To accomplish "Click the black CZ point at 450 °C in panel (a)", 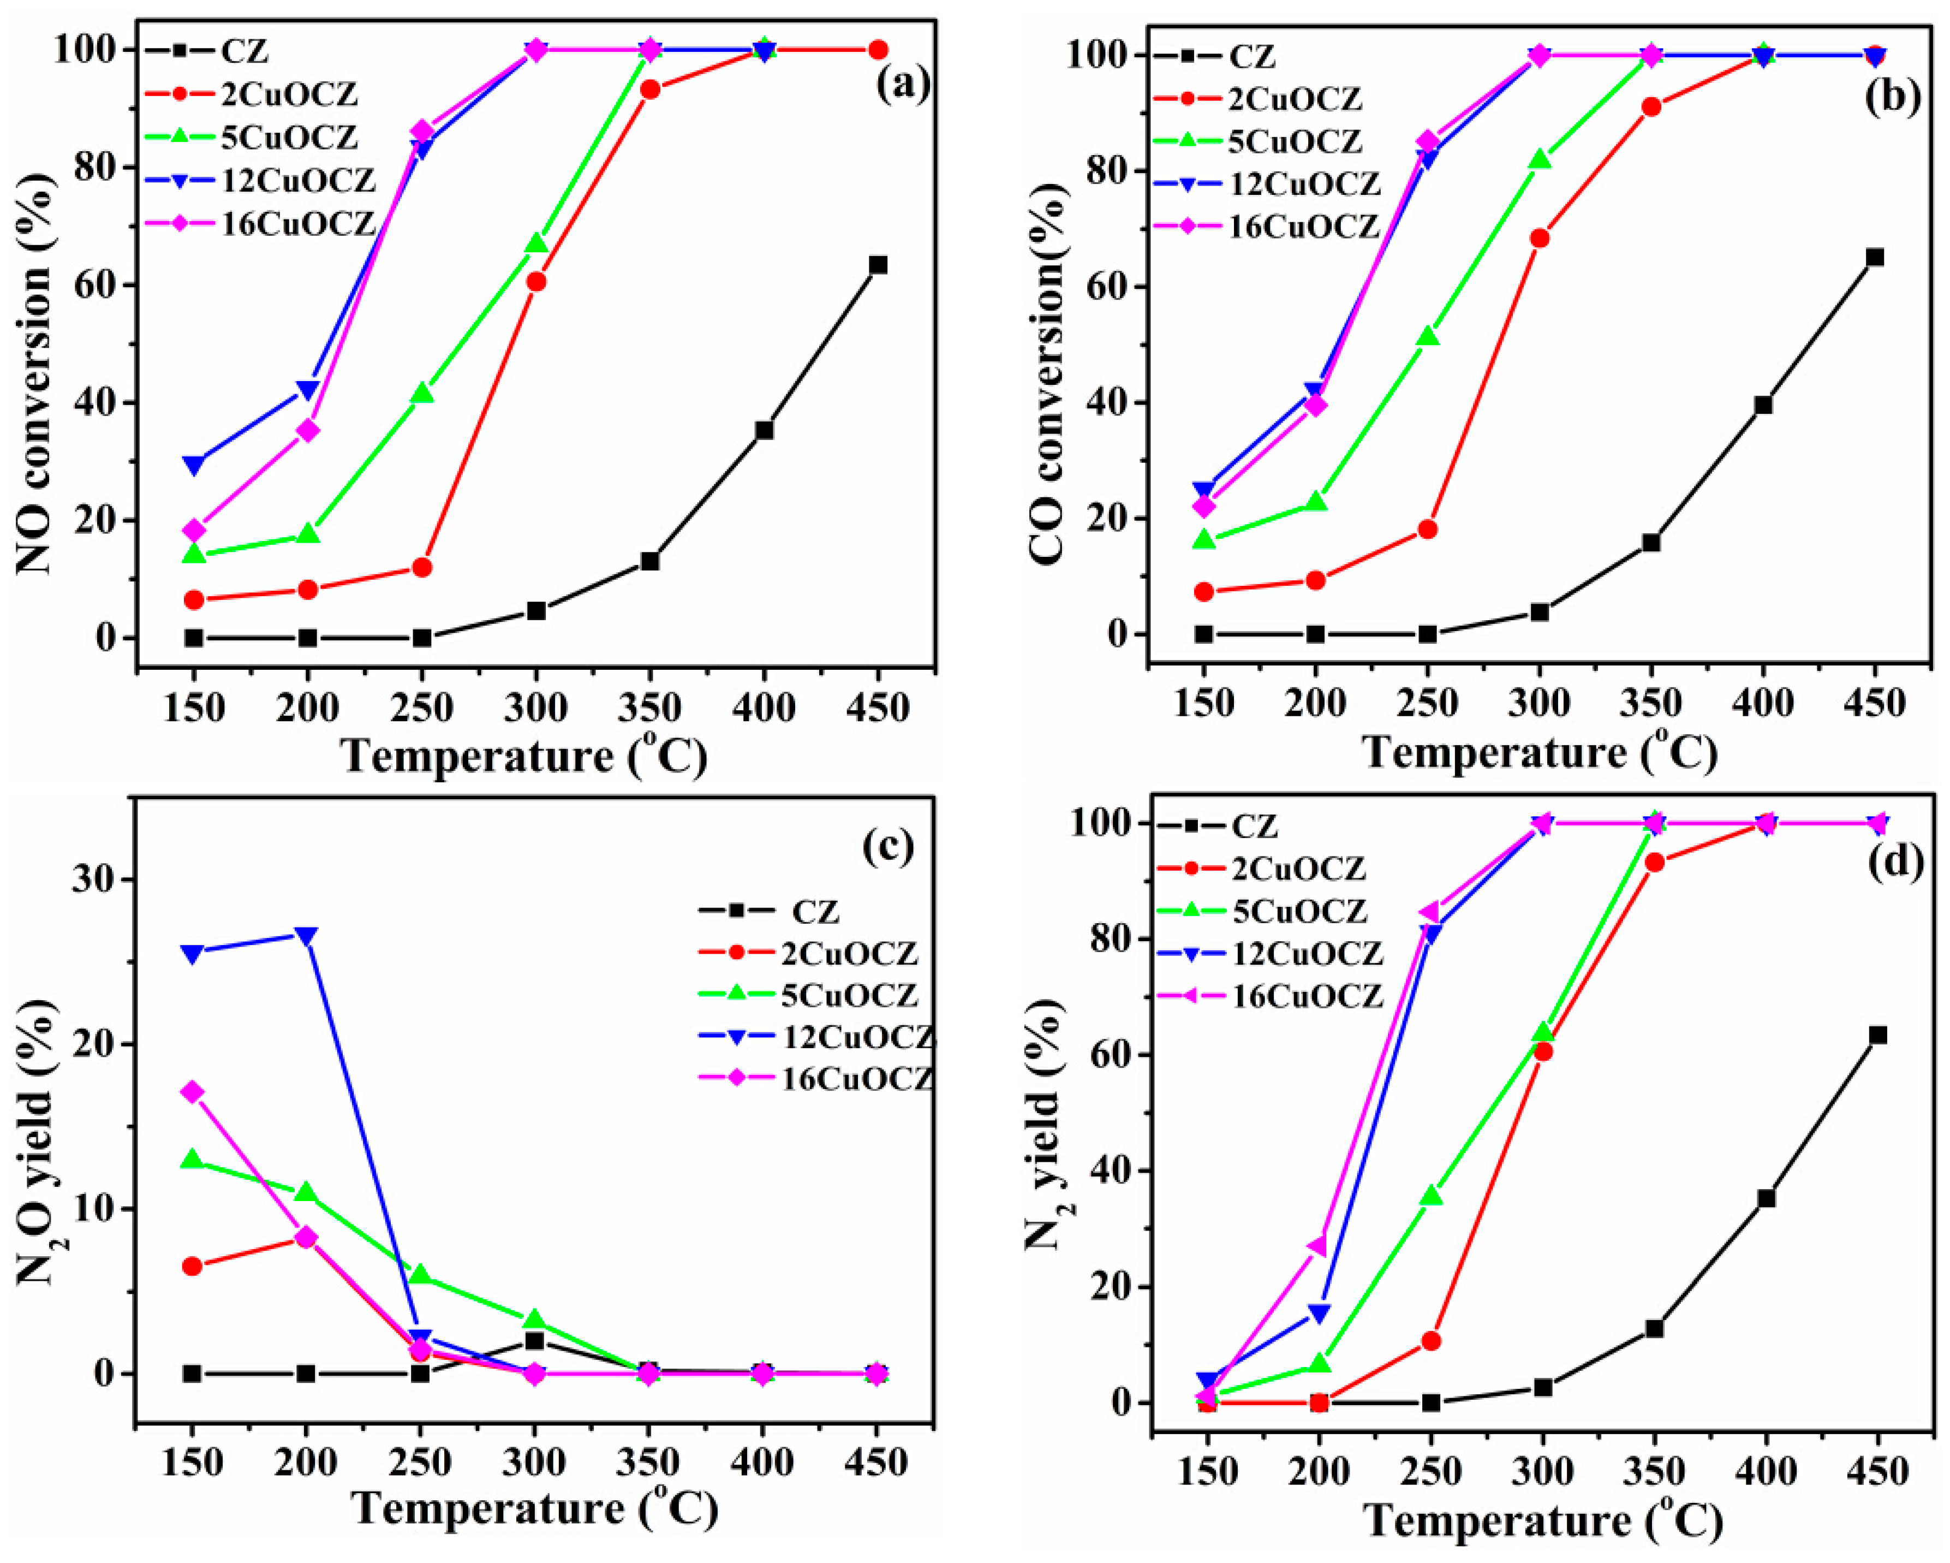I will point(878,265).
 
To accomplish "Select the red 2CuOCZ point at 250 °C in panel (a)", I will point(421,567).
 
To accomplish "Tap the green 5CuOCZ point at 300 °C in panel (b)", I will point(1540,159).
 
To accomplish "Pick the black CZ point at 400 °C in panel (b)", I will point(1763,405).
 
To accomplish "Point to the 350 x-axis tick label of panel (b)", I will point(1650,703).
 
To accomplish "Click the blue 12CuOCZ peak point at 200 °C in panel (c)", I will point(306,936).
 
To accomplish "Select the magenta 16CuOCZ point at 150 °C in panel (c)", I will point(192,1092).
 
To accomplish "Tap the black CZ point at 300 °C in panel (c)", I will point(534,1340).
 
